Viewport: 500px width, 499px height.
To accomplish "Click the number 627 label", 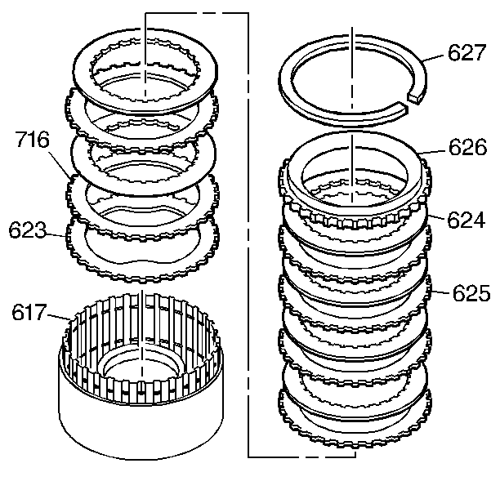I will [467, 54].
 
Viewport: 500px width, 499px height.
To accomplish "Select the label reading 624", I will [467, 219].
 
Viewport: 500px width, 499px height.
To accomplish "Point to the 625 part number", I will [467, 292].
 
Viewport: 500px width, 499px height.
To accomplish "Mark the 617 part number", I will [29, 311].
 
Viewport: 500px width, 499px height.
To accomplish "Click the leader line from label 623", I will [57, 235].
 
